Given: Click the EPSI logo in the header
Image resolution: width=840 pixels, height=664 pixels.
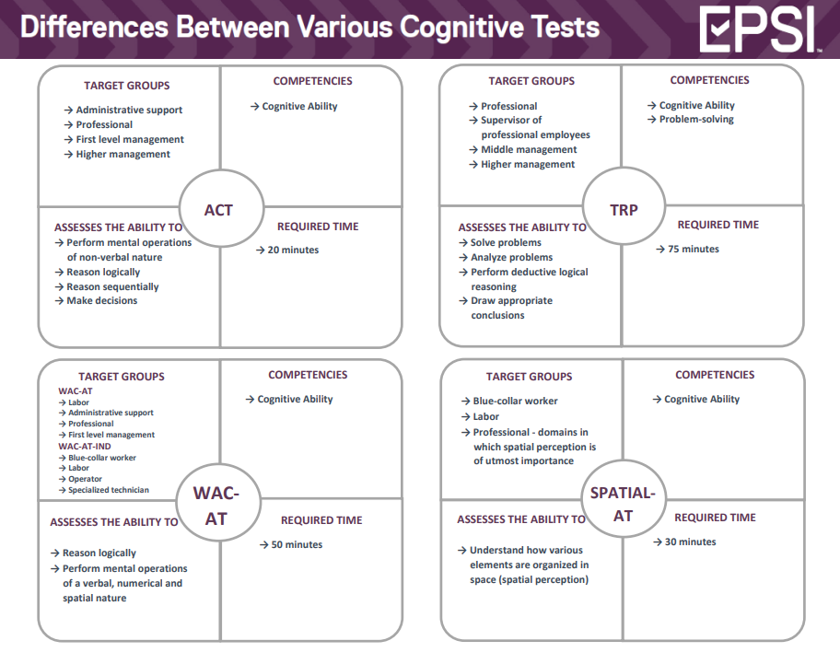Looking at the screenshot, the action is click(758, 29).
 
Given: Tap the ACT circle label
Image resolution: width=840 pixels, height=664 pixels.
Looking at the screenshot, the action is click(218, 210).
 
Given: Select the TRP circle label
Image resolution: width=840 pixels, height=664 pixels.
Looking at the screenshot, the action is click(624, 209).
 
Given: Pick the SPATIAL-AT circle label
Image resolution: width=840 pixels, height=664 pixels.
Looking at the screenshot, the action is click(623, 504).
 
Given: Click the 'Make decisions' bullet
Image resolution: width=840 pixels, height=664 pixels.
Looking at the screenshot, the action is click(101, 300).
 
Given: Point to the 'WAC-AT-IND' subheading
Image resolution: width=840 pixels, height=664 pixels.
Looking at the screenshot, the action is click(84, 446).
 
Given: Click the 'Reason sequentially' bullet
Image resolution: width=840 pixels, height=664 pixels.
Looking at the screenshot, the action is click(112, 286).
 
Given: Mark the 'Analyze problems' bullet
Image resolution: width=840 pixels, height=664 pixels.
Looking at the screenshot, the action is click(511, 257).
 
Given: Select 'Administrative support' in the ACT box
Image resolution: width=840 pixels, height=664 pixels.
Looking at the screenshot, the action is click(129, 110).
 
